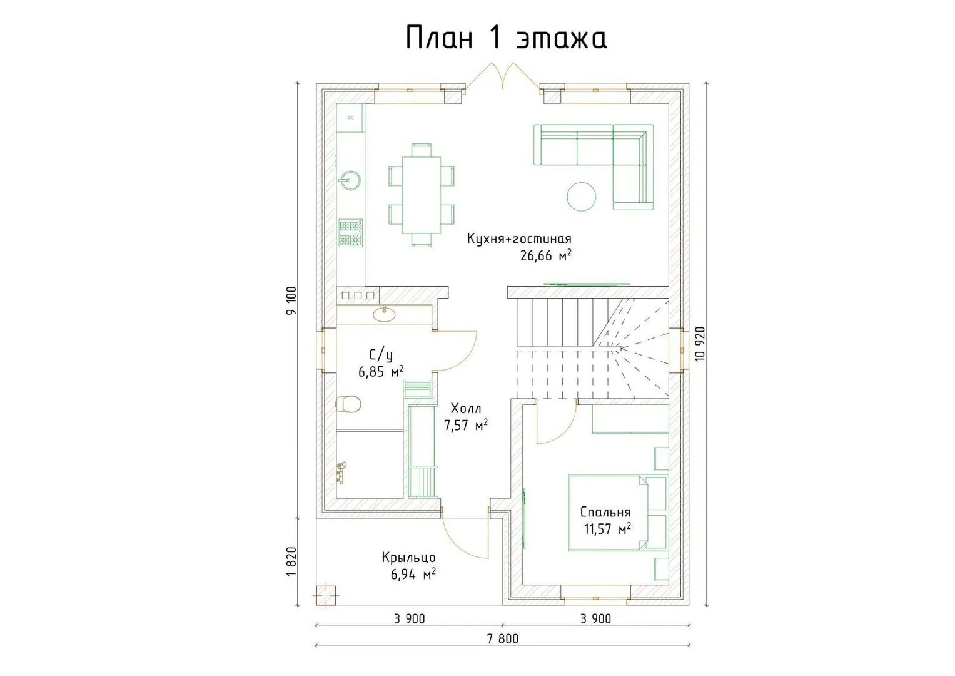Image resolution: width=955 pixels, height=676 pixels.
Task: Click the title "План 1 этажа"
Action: point(505,38)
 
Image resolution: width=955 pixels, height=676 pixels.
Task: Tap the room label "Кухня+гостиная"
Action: point(519,238)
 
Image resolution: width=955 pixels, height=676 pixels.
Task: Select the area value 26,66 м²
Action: point(545,255)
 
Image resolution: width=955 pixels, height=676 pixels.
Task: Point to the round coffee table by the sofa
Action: point(582,197)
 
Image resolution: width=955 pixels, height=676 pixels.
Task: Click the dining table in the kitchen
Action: point(422,195)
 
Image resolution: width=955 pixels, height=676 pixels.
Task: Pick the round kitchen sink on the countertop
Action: point(350,180)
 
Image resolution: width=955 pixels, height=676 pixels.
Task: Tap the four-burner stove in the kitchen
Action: point(350,233)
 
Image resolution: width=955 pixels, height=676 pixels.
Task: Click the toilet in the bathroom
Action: point(349,404)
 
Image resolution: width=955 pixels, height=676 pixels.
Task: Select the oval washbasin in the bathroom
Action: point(384,315)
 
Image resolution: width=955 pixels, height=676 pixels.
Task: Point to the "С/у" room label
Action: point(381,355)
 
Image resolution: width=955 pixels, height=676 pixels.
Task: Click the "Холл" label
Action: point(466,409)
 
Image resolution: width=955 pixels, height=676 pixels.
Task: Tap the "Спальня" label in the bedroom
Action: point(605,512)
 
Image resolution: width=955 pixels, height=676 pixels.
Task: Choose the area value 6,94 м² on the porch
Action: point(413,574)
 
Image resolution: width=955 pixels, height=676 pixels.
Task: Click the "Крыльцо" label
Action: point(408,558)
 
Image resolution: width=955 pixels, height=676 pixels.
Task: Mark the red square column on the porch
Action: point(326,595)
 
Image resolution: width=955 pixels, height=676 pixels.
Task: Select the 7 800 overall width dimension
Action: point(503,639)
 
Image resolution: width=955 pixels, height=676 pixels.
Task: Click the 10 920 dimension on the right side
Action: point(700,344)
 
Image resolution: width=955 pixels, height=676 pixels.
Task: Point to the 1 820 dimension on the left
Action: point(291,561)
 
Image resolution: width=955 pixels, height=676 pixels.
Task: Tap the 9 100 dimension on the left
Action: point(291,301)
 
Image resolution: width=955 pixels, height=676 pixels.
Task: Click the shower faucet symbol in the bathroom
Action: point(341,473)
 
